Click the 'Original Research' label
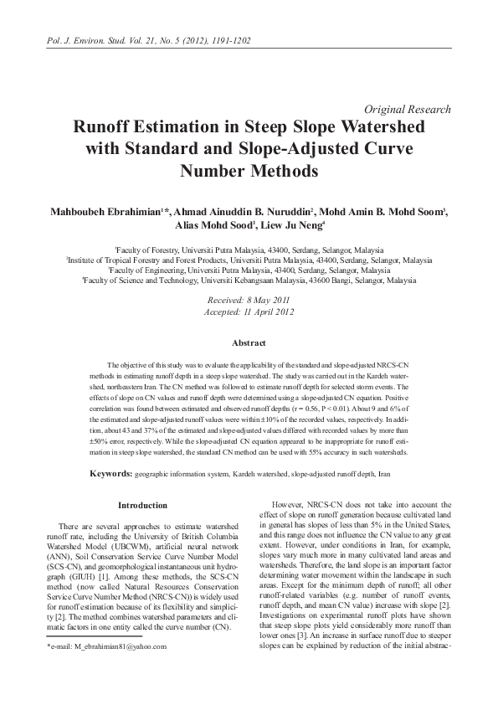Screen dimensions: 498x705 (408, 109)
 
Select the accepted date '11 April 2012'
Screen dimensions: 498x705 (270, 311)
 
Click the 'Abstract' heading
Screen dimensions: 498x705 (249, 343)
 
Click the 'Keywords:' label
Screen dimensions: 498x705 (110, 474)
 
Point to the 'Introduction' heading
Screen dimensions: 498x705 (142, 505)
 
